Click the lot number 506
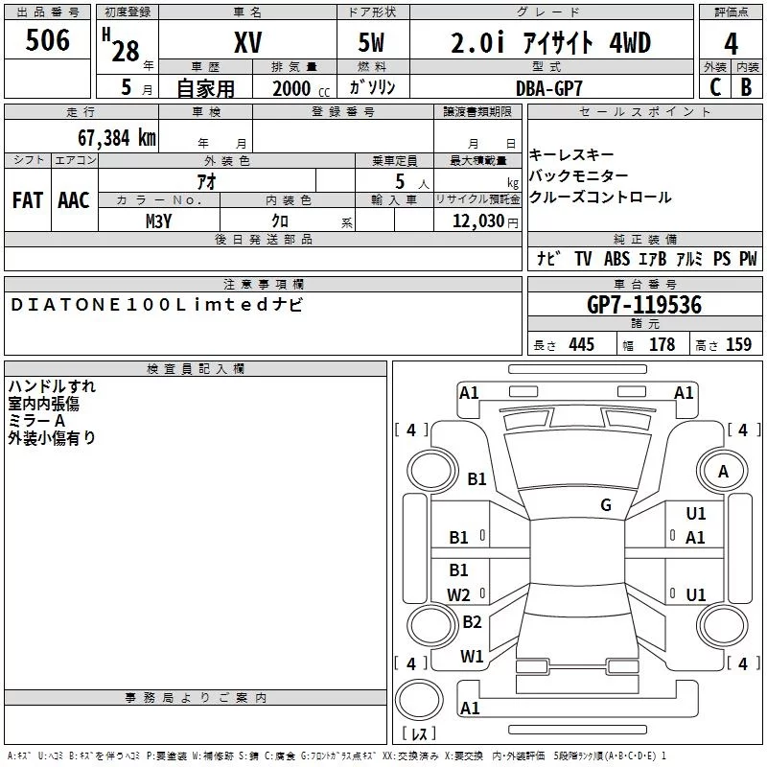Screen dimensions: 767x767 pyautogui.click(x=47, y=40)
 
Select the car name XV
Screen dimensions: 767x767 pyautogui.click(x=248, y=42)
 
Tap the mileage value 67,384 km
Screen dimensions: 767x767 pyautogui.click(x=117, y=138)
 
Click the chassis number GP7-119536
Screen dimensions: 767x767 pyautogui.click(x=644, y=305)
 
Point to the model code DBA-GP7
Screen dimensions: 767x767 pyautogui.click(x=549, y=88)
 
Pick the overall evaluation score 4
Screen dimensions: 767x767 pyautogui.click(x=731, y=44)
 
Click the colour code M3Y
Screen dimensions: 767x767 pyautogui.click(x=159, y=221)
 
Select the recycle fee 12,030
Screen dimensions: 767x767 pyautogui.click(x=478, y=221)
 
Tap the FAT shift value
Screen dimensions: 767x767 pyautogui.click(x=28, y=200)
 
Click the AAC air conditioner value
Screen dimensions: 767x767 pyautogui.click(x=74, y=200)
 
